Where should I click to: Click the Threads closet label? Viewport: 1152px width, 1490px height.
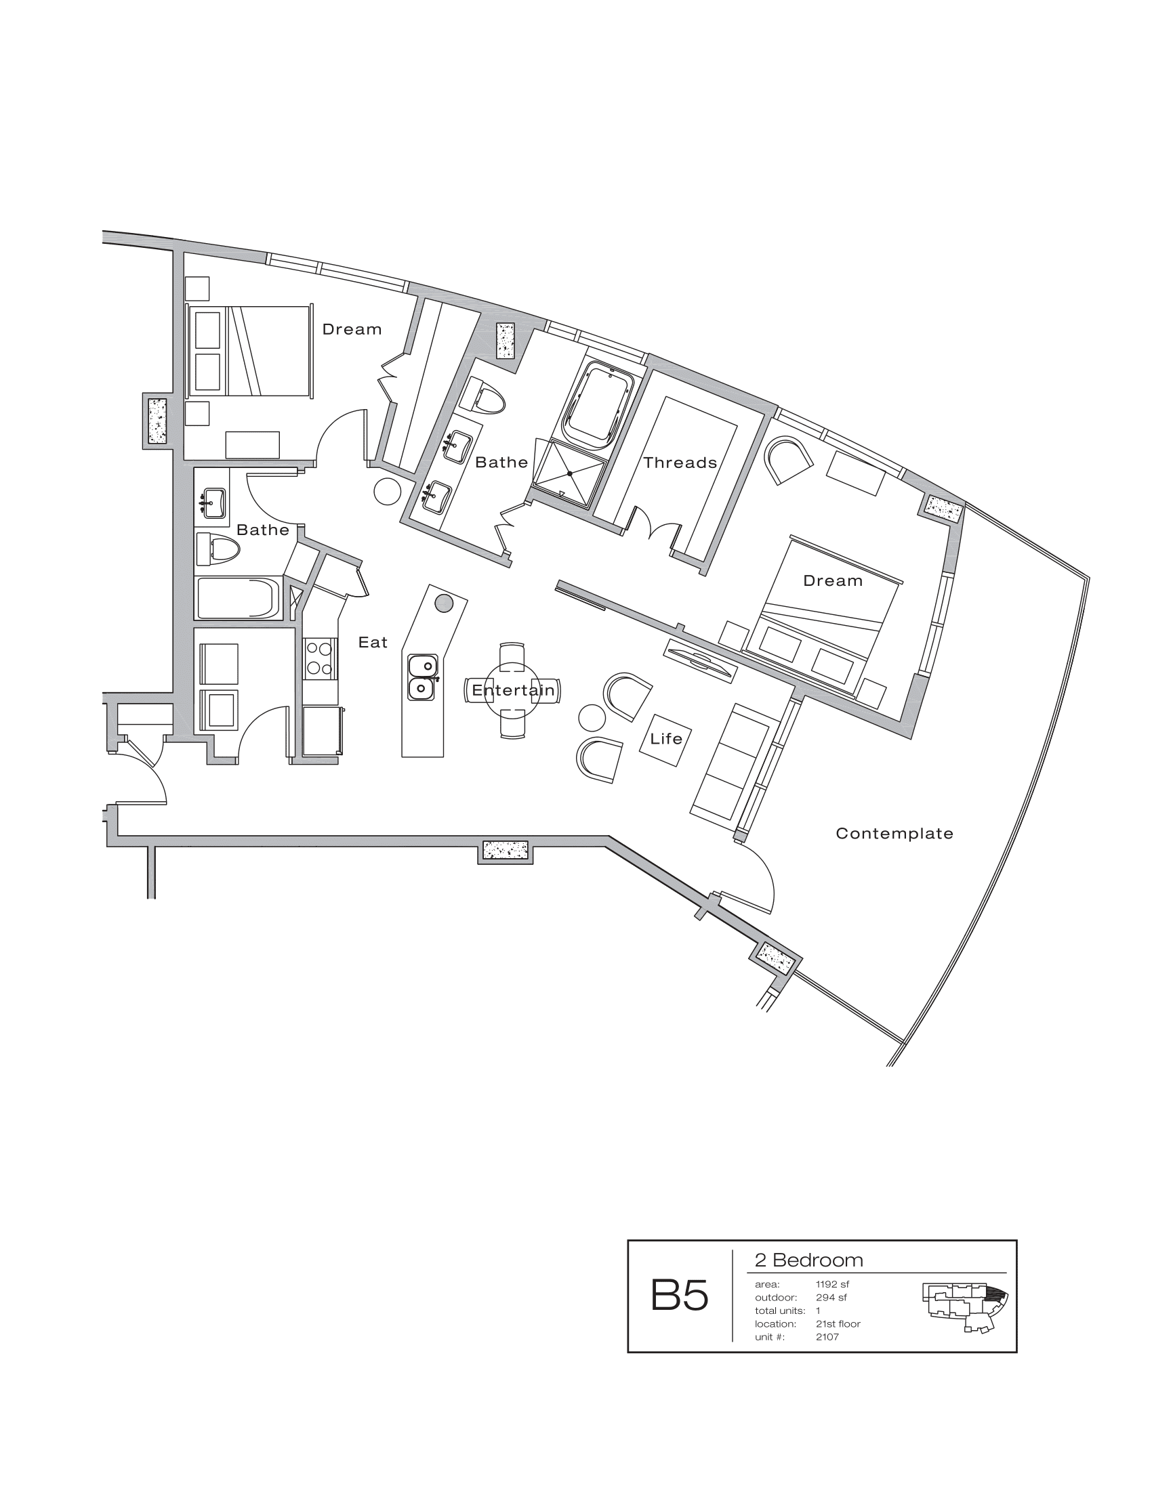(680, 463)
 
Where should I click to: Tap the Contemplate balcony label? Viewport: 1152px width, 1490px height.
(894, 834)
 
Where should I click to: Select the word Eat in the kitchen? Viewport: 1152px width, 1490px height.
(373, 643)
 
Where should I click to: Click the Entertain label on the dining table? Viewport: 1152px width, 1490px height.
(513, 690)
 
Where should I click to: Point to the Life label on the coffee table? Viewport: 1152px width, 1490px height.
(666, 739)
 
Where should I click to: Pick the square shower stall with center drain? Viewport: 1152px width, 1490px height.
(569, 473)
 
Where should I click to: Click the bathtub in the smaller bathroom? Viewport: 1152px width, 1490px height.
(239, 598)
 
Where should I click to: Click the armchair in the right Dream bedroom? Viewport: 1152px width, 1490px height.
(788, 461)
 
